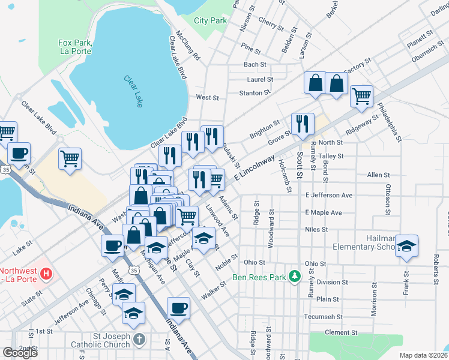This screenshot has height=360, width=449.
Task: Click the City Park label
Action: tap(210, 20)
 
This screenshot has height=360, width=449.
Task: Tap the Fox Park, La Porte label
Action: tap(74, 47)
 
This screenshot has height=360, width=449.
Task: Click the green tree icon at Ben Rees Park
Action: tap(294, 276)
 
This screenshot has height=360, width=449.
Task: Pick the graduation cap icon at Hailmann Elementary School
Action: tap(407, 246)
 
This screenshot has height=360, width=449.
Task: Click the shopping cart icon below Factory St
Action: tap(361, 95)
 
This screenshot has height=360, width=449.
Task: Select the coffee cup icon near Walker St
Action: tap(178, 308)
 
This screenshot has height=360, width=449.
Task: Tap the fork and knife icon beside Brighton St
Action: tap(303, 124)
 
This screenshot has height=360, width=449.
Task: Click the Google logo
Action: tap(20, 353)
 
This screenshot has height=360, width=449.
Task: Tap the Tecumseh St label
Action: tap(323, 316)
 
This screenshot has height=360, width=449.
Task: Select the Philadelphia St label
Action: tap(390, 123)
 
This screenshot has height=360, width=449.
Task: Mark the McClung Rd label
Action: tap(188, 46)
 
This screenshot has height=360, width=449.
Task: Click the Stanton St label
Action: tap(252, 93)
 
